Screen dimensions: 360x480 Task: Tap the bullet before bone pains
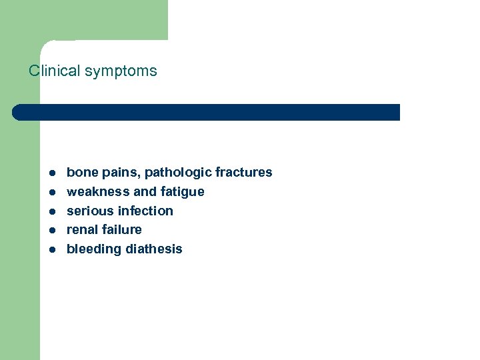[x=51, y=173]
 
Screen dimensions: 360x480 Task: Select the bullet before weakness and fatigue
[x=51, y=192]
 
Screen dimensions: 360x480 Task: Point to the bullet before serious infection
[x=51, y=211]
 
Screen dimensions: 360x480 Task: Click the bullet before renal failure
[x=51, y=230]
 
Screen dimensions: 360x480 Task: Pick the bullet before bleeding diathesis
[x=51, y=249]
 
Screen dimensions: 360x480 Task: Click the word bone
[x=82, y=172]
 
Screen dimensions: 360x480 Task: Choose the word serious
[x=90, y=211]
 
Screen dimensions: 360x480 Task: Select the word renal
[x=83, y=229]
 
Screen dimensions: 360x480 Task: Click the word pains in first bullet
[x=120, y=173]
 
